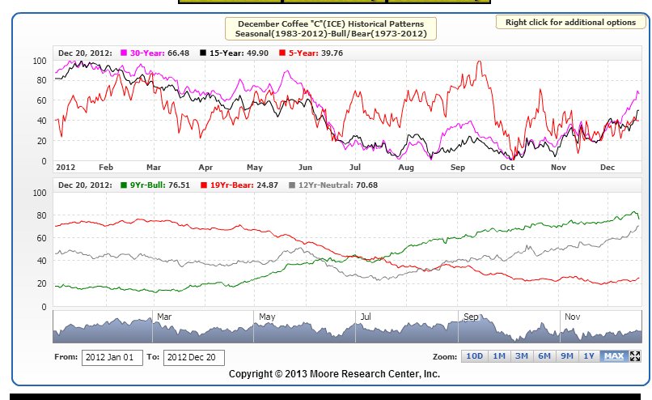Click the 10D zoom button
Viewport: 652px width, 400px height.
(474, 356)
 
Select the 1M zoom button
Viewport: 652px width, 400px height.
(498, 356)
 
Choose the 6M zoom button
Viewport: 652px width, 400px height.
(544, 356)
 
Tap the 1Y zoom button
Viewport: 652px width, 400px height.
(590, 356)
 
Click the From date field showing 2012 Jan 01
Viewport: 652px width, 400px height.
(112, 357)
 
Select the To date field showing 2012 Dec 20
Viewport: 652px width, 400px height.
(193, 357)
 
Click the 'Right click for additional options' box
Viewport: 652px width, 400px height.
(570, 22)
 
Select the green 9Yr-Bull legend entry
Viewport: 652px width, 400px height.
(152, 185)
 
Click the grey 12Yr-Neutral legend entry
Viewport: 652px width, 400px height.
(333, 185)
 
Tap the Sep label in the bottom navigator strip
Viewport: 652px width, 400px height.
(468, 317)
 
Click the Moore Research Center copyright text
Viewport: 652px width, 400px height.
(334, 373)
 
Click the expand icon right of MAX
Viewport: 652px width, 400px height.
(635, 356)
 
